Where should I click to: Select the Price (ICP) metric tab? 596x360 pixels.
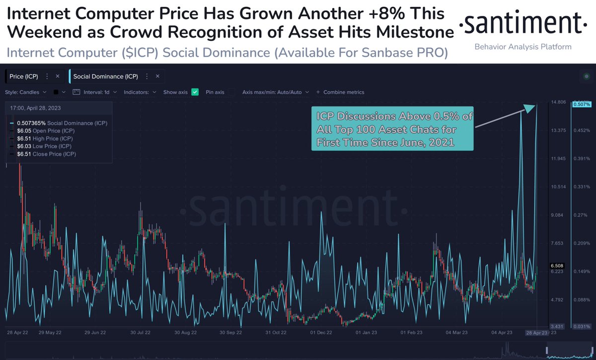[x=24, y=76]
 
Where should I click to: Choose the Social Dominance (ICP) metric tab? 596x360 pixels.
[x=106, y=76]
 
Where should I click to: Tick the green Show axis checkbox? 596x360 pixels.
[x=195, y=92]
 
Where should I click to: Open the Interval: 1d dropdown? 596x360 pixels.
[x=95, y=92]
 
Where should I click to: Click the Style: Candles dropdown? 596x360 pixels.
[x=26, y=92]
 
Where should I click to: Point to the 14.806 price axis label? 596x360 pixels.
[x=558, y=103]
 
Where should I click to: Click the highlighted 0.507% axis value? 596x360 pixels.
[x=582, y=104]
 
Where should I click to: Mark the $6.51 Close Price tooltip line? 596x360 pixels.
[x=47, y=154]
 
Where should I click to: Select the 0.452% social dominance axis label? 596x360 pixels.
[x=582, y=131]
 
